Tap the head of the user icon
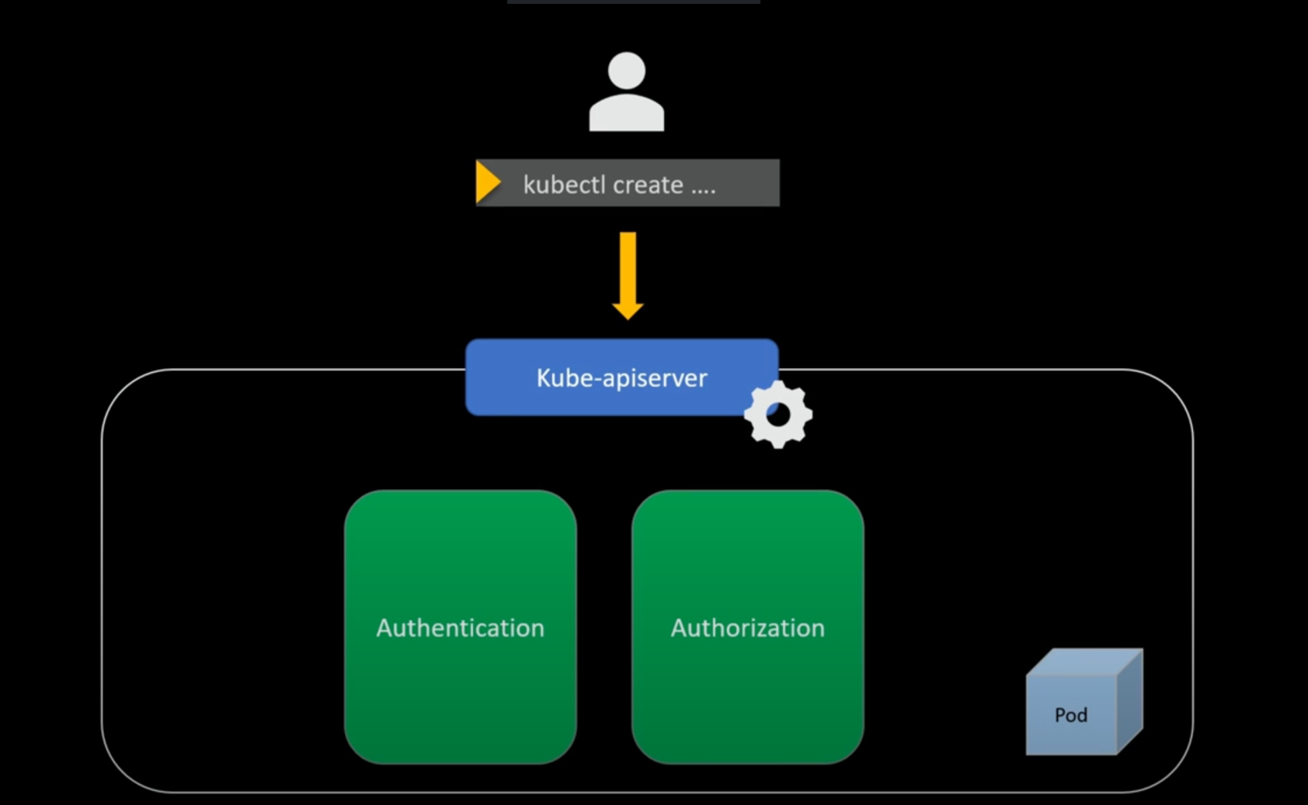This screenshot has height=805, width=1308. [626, 70]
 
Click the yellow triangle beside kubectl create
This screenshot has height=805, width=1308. [487, 182]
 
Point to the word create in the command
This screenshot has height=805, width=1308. [648, 185]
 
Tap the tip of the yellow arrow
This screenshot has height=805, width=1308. [628, 315]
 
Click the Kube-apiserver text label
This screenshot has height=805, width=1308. [621, 378]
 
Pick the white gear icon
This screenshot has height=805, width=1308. [777, 415]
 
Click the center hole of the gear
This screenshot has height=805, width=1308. [777, 415]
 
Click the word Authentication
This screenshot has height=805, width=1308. [460, 627]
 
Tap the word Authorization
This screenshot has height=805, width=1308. [747, 627]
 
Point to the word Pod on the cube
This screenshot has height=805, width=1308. [1070, 715]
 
